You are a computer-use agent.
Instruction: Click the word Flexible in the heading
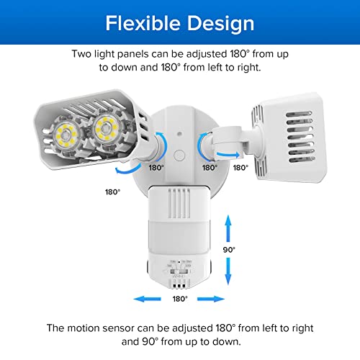pyautogui.click(x=141, y=23)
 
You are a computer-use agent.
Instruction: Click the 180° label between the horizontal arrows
pyautogui.click(x=179, y=297)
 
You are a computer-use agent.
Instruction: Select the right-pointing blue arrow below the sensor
pyautogui.click(x=214, y=297)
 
